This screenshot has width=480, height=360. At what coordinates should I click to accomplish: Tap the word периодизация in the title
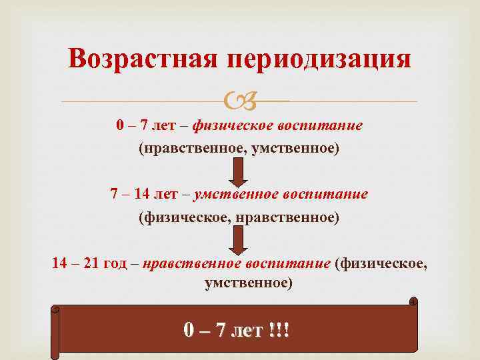(319, 59)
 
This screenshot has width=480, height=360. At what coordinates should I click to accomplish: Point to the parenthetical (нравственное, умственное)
(239, 148)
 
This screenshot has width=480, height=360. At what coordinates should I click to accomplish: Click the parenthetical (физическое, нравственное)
(239, 217)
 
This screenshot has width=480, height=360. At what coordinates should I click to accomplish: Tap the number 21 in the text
(91, 263)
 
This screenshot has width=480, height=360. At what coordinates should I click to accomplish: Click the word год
(121, 263)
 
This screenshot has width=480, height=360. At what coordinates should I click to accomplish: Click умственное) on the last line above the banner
(248, 283)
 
